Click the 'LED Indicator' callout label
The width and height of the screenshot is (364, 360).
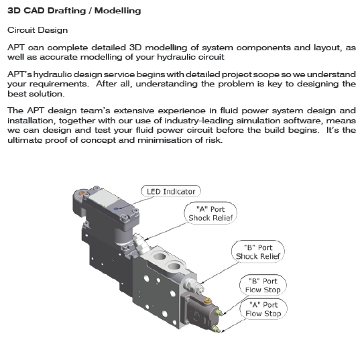coord(170,192)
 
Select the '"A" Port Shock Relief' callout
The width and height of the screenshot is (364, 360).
coord(210,213)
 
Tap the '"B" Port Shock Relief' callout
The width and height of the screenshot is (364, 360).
coord(259,251)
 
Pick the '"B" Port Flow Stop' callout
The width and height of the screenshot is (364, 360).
coord(263,285)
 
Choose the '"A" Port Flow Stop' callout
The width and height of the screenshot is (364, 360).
coord(263,309)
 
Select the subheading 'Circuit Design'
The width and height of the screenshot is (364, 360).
coord(37,30)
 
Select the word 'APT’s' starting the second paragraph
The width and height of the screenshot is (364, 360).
coord(20,75)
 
